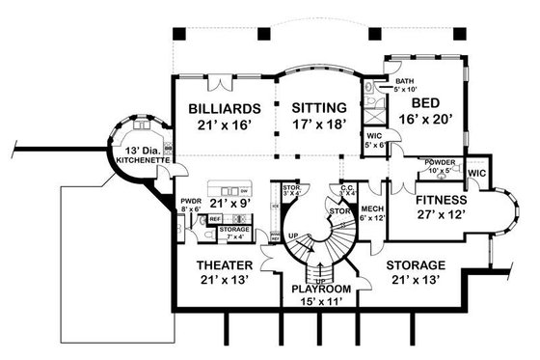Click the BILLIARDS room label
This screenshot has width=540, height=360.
223,109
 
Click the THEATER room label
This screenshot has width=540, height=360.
224,264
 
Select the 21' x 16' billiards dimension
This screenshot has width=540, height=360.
223,125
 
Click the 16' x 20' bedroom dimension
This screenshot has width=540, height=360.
427,122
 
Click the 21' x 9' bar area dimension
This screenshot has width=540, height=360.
232,204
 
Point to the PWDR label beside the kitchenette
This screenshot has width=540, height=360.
190,202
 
